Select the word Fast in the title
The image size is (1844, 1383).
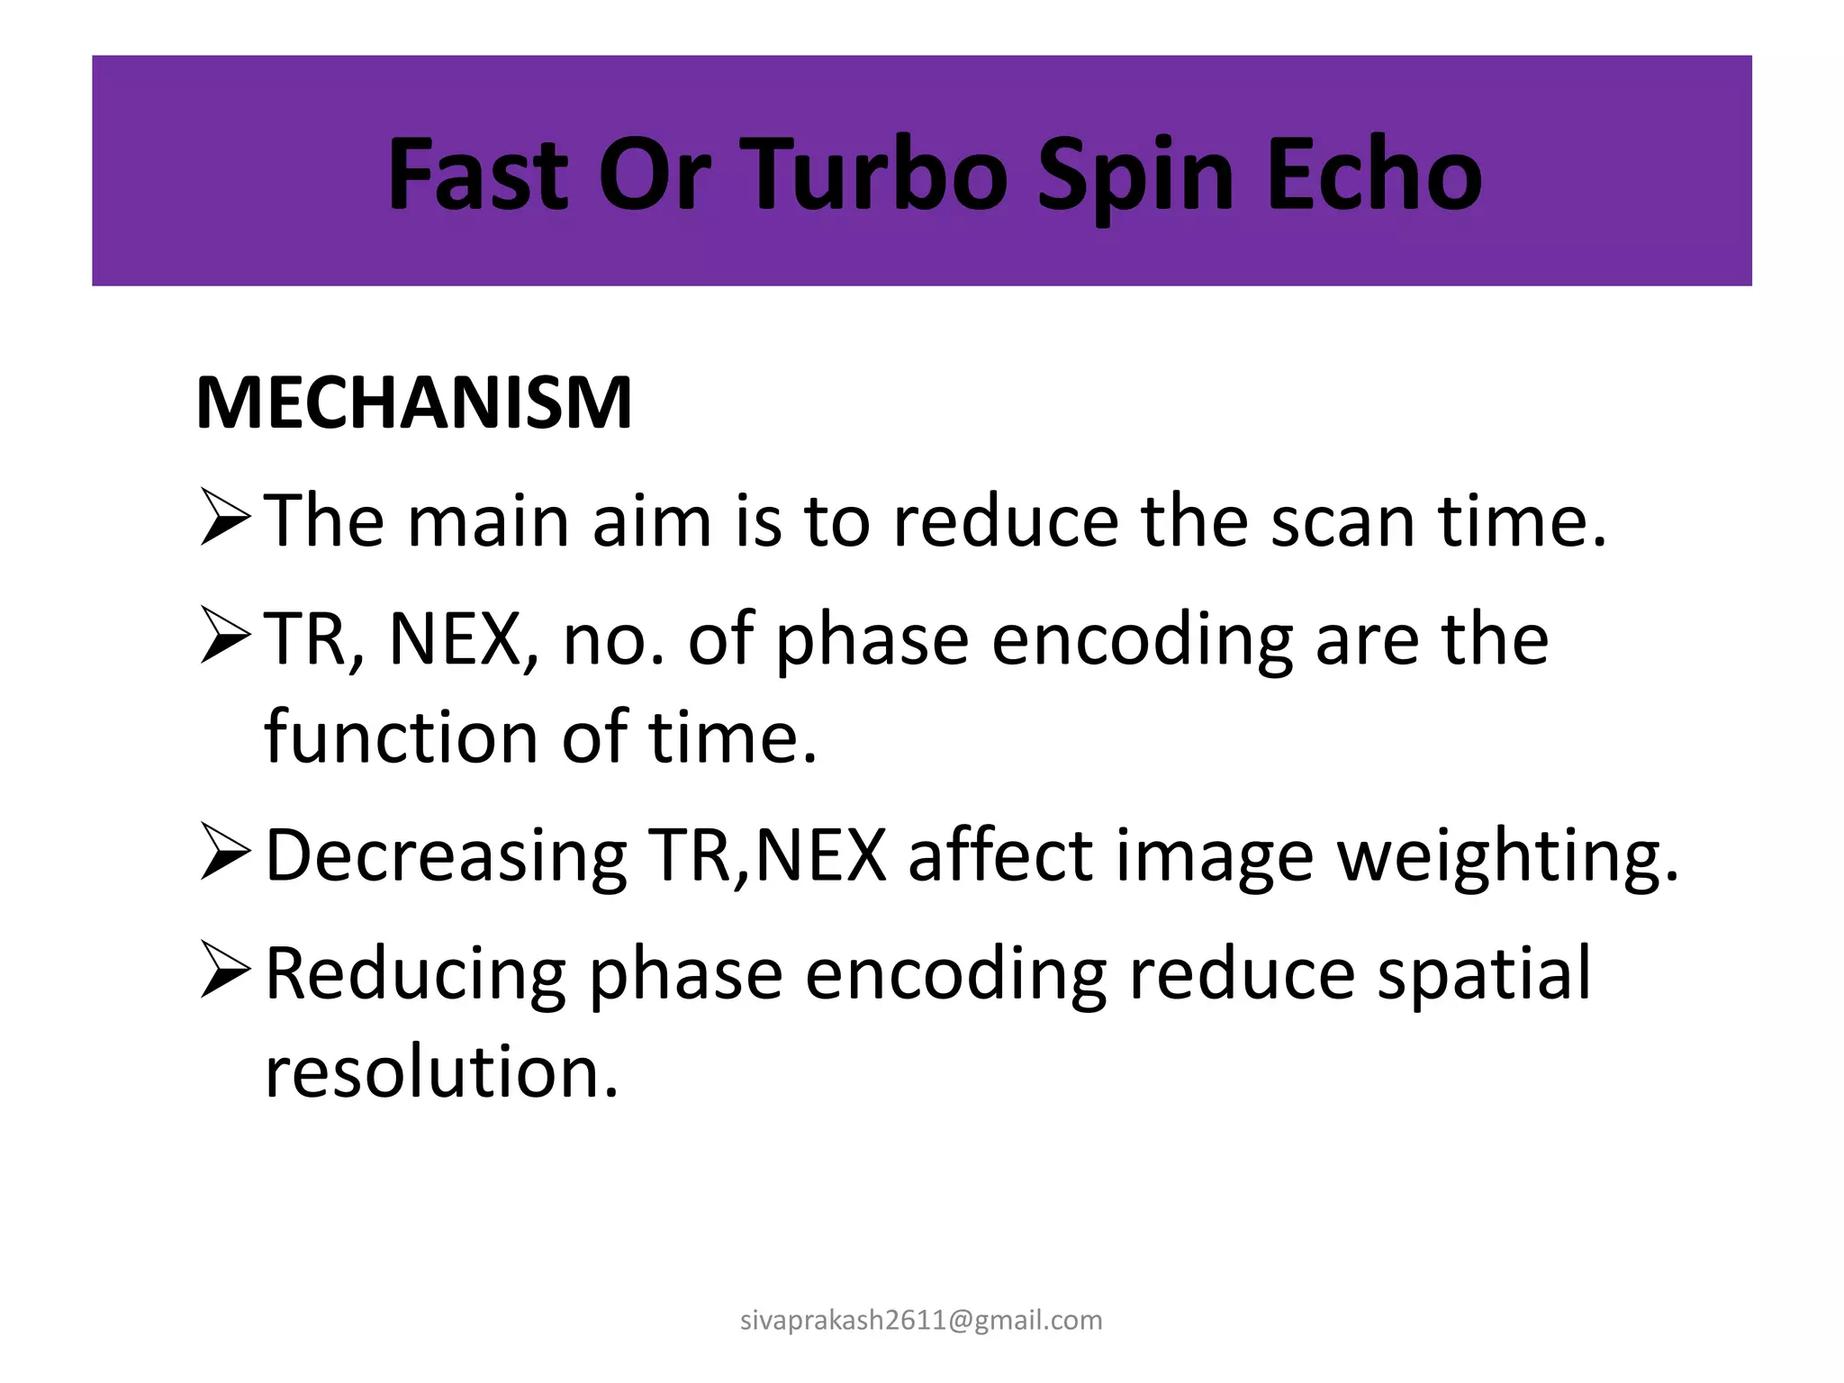click(478, 175)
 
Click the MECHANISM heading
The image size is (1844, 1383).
click(414, 402)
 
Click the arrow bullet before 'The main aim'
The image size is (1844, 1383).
click(225, 518)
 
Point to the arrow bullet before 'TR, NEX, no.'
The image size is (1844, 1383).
click(225, 636)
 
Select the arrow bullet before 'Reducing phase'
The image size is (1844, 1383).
click(225, 970)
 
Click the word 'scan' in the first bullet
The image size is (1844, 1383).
click(1342, 522)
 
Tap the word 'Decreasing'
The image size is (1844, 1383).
click(447, 855)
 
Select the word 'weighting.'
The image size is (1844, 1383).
click(1509, 855)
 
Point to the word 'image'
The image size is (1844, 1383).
click(1215, 855)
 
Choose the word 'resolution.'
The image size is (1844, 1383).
click(442, 1071)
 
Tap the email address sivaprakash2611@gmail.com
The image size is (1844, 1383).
click(921, 1320)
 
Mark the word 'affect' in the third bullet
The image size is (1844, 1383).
click(1000, 855)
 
